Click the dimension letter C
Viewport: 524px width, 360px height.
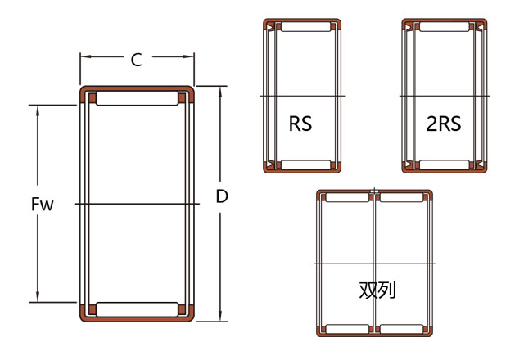[137, 60]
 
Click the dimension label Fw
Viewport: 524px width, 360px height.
[42, 204]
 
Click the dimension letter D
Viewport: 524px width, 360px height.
[222, 196]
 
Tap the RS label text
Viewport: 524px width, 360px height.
[300, 124]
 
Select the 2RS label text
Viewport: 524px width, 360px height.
[444, 124]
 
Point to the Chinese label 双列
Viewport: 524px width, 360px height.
[377, 290]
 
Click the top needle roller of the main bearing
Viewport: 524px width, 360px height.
[137, 98]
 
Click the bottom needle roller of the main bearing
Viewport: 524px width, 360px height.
[137, 309]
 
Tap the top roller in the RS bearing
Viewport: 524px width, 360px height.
[305, 27]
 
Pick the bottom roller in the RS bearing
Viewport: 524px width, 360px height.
[305, 164]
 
